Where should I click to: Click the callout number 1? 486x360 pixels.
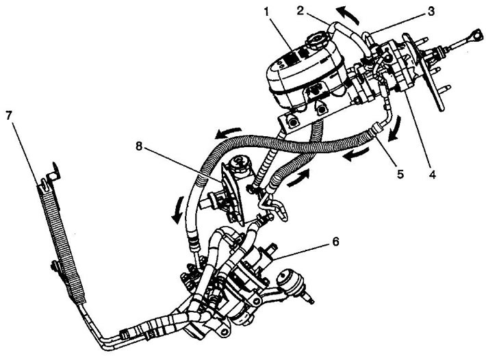[x=268, y=12]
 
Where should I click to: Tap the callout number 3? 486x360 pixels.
[x=431, y=11]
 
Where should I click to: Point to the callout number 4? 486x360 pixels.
[x=432, y=175]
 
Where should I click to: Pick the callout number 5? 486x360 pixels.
[x=400, y=174]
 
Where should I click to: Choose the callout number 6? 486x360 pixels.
[x=335, y=242]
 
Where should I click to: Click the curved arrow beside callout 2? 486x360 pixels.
[x=348, y=15]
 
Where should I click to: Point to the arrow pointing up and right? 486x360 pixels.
[x=299, y=178]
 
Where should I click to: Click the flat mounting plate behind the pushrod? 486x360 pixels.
[x=424, y=73]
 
